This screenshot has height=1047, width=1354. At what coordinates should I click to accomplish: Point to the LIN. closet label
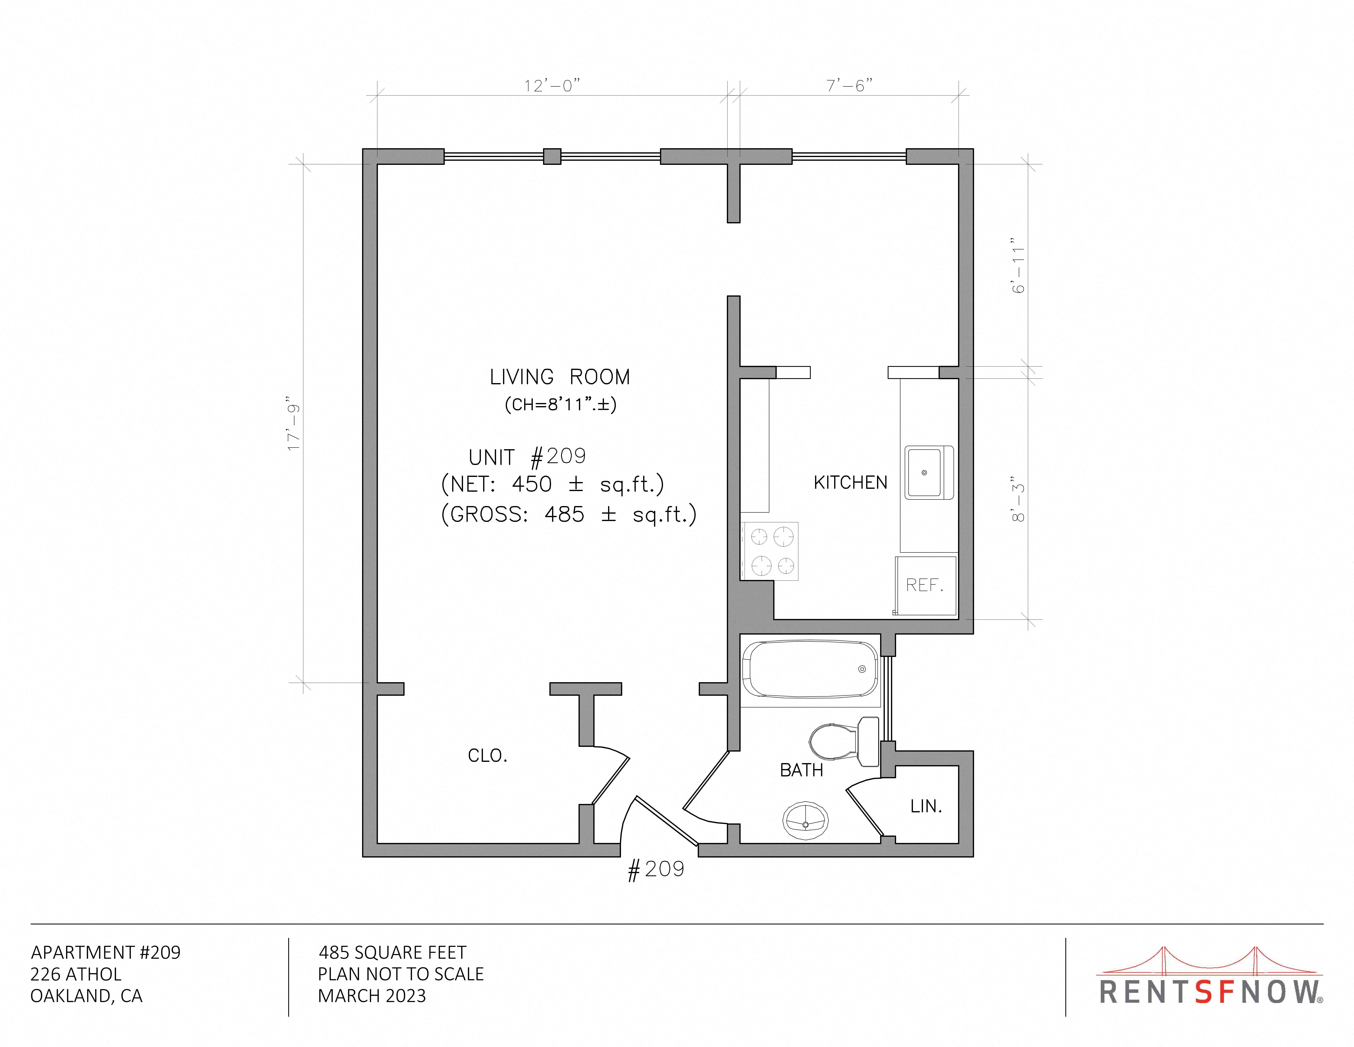(926, 806)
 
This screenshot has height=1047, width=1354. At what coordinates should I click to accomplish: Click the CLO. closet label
(487, 755)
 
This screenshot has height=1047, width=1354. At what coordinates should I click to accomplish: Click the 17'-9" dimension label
(294, 423)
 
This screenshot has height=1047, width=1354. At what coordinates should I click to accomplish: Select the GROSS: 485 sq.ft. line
(568, 514)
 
